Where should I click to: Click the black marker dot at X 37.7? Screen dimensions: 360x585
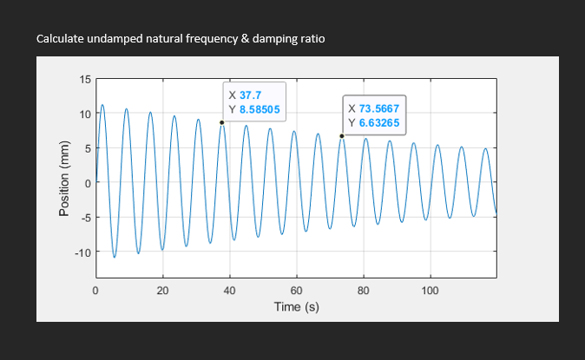[221, 122]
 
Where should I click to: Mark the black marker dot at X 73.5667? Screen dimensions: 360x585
[342, 135]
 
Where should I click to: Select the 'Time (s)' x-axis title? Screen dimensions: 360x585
[296, 306]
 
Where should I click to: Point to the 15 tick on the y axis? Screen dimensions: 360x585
[84, 80]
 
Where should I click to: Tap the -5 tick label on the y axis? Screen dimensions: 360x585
[84, 218]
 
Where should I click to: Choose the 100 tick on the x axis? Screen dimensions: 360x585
[430, 290]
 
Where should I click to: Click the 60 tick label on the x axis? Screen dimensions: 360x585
[296, 290]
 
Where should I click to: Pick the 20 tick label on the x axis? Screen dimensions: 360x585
[162, 290]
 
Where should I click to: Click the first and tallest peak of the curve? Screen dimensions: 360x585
[102, 106]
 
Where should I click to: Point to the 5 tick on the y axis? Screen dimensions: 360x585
[87, 148]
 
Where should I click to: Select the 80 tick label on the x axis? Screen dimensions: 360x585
[363, 290]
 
